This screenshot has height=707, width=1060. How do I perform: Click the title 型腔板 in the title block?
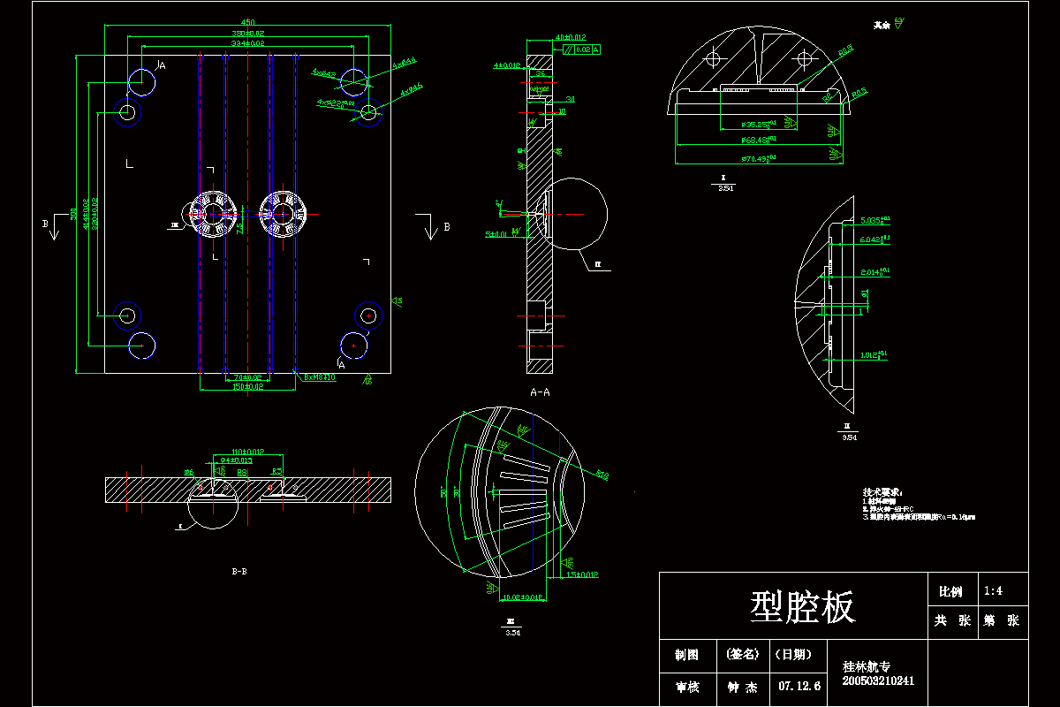(x=802, y=608)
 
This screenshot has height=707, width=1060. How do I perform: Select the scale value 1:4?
(x=992, y=591)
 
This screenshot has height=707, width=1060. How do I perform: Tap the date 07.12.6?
(x=799, y=686)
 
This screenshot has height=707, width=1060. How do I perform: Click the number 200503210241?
(x=878, y=680)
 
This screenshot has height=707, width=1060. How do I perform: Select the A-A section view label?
(x=540, y=390)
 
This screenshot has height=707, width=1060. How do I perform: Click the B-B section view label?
(x=238, y=572)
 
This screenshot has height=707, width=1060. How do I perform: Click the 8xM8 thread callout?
(x=320, y=377)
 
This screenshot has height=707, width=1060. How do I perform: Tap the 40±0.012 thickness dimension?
(x=571, y=37)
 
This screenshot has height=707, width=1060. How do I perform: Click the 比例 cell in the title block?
(x=950, y=591)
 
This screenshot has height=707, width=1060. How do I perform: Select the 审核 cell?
(x=687, y=686)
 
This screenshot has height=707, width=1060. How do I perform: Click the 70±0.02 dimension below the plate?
(x=237, y=377)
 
